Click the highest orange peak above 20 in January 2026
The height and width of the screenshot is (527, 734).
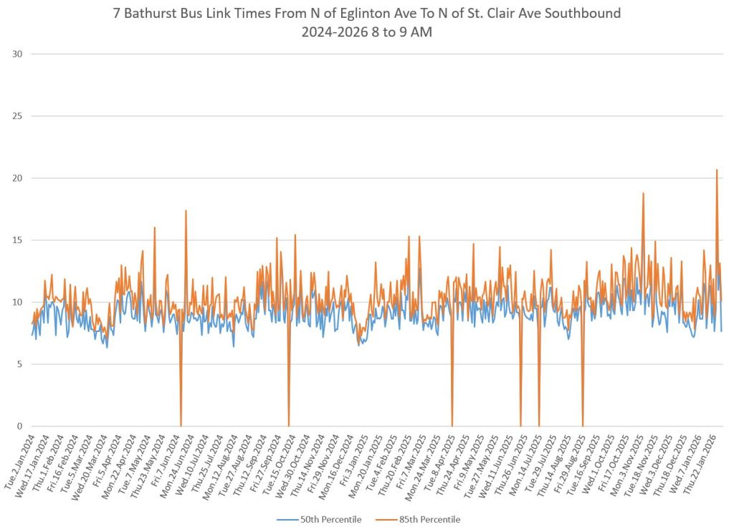(716, 171)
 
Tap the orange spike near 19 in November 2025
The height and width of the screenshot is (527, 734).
(643, 194)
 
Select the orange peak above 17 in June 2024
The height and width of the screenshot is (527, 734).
(186, 211)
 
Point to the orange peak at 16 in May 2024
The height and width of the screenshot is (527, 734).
(154, 228)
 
